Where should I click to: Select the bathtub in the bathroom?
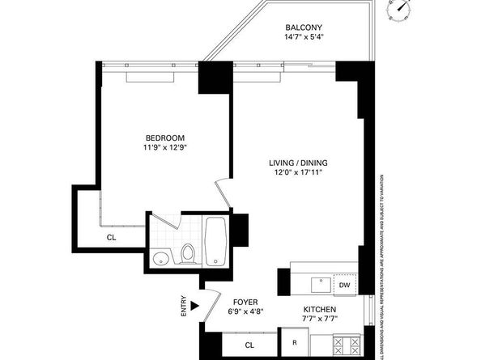coord(217,244)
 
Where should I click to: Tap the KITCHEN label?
coord(319,310)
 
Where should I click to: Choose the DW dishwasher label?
coord(344,285)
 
